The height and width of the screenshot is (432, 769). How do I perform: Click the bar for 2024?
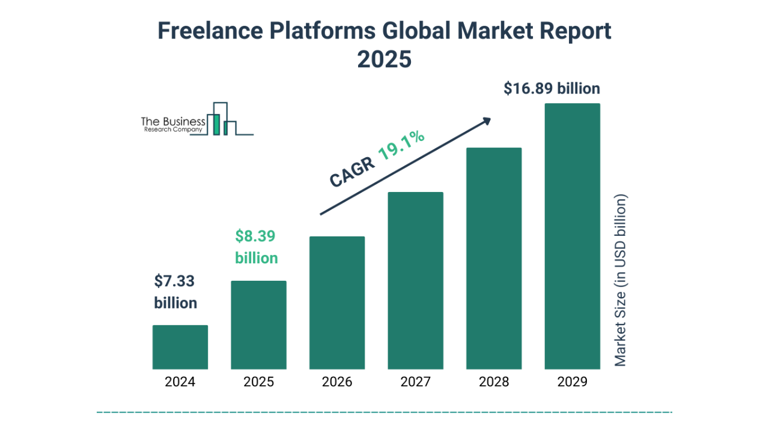pyautogui.click(x=180, y=347)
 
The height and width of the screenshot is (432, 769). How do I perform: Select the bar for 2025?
pyautogui.click(x=258, y=325)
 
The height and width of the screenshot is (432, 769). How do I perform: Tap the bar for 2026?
pyautogui.click(x=337, y=303)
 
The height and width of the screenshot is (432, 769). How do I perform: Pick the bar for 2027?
pyautogui.click(x=415, y=281)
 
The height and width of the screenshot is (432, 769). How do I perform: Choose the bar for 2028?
pyautogui.click(x=494, y=259)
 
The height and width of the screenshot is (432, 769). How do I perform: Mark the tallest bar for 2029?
pyautogui.click(x=572, y=236)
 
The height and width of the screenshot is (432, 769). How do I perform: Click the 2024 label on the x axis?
pyautogui.click(x=180, y=382)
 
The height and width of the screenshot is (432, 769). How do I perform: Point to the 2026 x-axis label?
pyautogui.click(x=337, y=382)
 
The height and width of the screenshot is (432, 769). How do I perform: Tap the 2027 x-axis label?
pyautogui.click(x=415, y=382)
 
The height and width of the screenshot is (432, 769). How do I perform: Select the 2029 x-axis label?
pyautogui.click(x=572, y=382)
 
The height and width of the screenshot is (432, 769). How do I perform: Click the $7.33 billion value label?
pyautogui.click(x=175, y=292)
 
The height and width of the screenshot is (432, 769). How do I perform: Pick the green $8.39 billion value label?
pyautogui.click(x=256, y=247)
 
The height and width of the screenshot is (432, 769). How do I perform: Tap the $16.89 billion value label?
pyautogui.click(x=552, y=89)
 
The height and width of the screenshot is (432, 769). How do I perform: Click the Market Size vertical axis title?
pyautogui.click(x=621, y=280)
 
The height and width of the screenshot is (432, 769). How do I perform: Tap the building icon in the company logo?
pyautogui.click(x=221, y=119)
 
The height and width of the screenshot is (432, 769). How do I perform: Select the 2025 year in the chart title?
pyautogui.click(x=384, y=59)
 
